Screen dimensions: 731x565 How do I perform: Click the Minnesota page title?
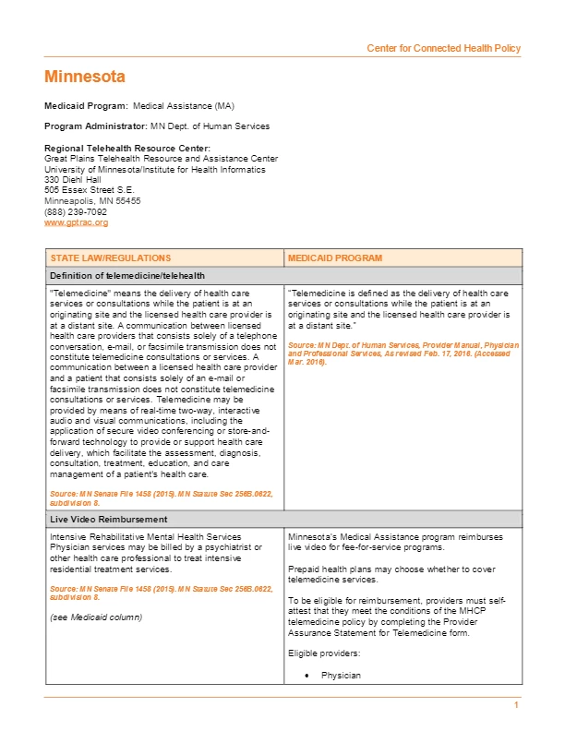85,77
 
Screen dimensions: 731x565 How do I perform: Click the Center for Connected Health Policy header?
443,48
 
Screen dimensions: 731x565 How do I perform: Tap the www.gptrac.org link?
77,222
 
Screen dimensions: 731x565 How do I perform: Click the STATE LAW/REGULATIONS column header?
110,258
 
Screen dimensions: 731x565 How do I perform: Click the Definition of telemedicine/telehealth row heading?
127,275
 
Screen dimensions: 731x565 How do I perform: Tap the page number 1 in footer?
517,706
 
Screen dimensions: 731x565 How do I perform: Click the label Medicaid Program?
87,106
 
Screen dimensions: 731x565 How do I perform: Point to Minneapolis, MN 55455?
92,201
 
